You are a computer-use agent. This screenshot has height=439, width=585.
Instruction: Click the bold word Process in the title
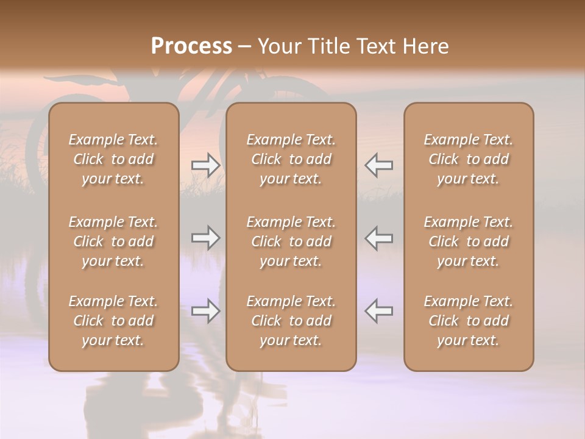pos(191,46)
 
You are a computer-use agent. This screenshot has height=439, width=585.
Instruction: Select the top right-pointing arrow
pos(206,165)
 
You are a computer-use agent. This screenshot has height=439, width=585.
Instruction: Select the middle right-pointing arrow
pos(206,238)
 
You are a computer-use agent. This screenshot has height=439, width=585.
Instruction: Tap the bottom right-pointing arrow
pos(206,311)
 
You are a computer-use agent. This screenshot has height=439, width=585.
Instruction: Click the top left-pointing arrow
pos(378,165)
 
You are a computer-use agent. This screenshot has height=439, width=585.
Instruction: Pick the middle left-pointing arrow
pos(378,238)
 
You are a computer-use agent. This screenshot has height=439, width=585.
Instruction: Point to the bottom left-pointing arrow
pos(378,311)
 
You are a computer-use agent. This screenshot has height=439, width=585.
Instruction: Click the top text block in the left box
pos(113,159)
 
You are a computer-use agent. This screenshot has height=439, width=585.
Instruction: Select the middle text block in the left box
pos(113,241)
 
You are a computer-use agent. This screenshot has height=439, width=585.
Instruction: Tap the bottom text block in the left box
pos(113,321)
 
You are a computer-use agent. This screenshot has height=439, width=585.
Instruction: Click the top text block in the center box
pos(291,159)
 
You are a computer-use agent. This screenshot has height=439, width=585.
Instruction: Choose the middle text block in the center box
pos(291,241)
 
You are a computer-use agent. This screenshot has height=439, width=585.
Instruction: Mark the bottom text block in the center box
pos(291,321)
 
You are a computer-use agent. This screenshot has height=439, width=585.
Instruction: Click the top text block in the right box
pos(469,159)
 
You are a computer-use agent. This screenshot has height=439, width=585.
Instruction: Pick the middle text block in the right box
pos(469,241)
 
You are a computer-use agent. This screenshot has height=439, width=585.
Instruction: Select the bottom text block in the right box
pos(469,321)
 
